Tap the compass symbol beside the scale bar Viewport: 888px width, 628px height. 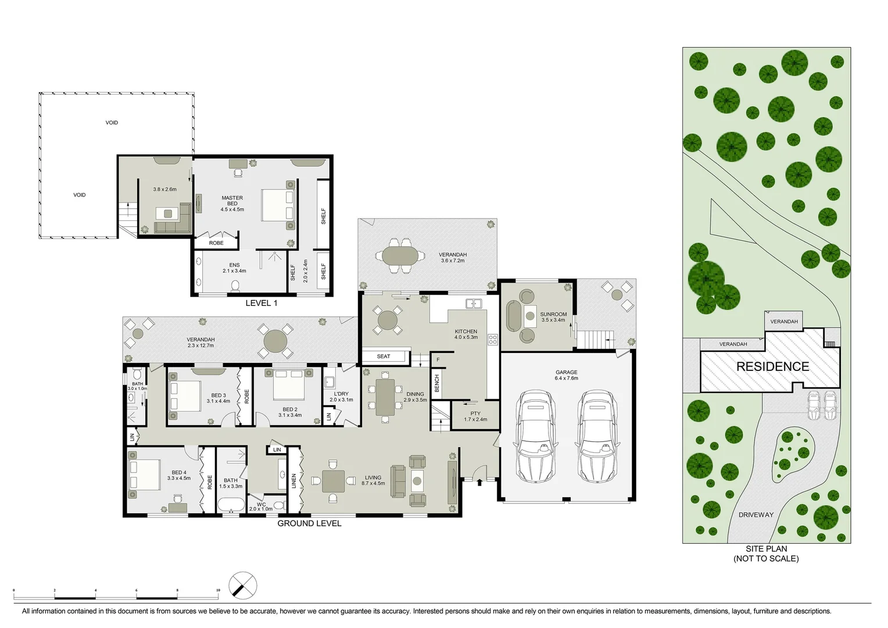coord(243,585)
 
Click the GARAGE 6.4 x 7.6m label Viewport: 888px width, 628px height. coord(566,375)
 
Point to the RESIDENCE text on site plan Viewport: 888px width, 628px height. coord(772,367)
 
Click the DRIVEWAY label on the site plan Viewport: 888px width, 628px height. coord(755,515)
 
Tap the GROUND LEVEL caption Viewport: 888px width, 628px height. coord(309,523)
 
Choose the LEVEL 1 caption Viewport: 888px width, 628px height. coord(261,303)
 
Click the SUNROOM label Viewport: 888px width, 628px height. coord(553,317)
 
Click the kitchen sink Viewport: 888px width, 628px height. coord(474,304)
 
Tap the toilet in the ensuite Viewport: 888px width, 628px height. coord(235,286)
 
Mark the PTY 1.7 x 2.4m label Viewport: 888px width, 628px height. coord(475,416)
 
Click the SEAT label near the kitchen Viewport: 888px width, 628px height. coord(384,356)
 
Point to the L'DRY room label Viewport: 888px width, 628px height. coord(341,397)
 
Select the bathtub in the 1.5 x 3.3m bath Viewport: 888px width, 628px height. coord(231,505)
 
